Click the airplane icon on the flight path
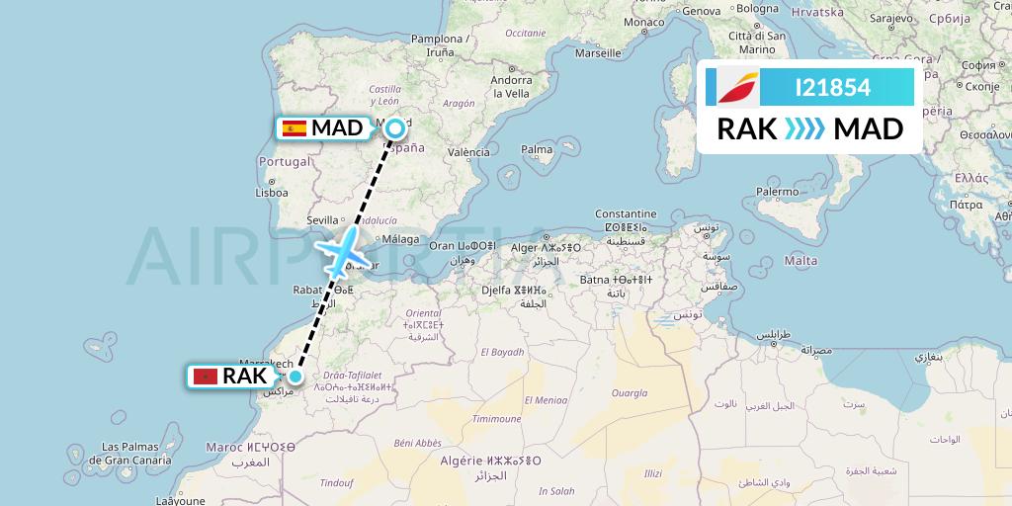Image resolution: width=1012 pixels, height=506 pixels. click(341, 252)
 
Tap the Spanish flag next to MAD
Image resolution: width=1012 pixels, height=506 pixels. click(294, 127)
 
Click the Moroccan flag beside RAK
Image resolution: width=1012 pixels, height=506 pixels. click(206, 377)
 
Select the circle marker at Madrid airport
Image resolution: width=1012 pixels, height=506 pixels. click(395, 127)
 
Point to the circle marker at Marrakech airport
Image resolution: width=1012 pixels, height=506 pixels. click(295, 376)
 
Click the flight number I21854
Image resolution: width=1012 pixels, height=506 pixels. click(832, 87)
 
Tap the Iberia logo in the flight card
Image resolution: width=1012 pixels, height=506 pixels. click(732, 87)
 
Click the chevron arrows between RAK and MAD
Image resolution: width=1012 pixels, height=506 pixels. click(795, 129)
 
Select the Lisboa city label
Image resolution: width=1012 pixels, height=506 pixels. click(271, 193)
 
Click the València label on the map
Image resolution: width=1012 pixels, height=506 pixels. click(468, 152)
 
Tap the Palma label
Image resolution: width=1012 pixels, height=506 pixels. click(537, 150)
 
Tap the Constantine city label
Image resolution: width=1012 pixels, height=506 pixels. click(626, 213)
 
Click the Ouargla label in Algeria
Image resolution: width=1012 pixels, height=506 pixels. click(630, 393)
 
